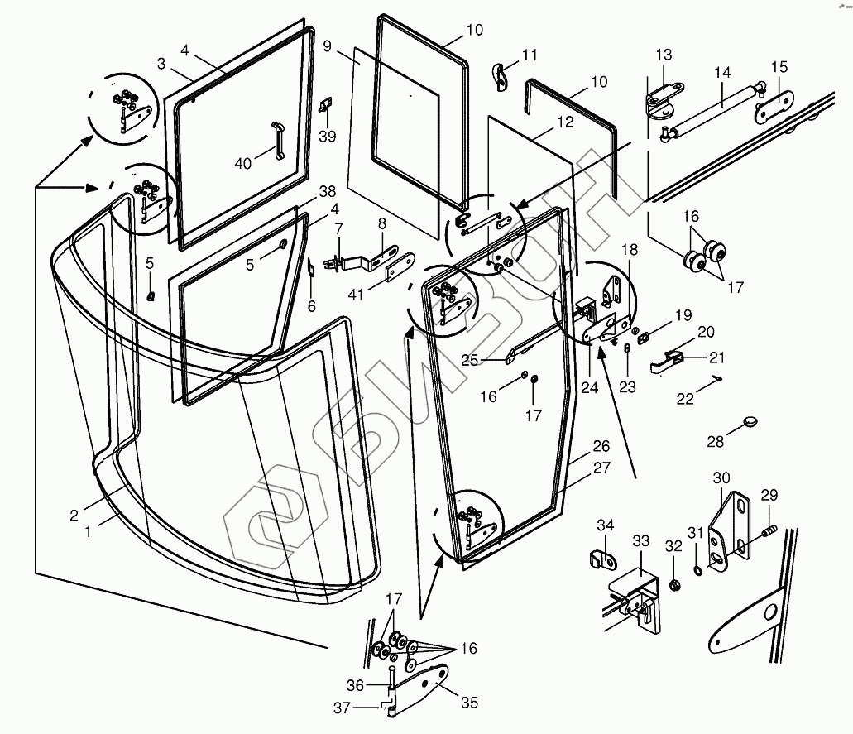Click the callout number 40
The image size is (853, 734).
[242, 164]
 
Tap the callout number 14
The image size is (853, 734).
[722, 73]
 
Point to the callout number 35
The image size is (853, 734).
[469, 703]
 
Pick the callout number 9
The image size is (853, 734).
[328, 46]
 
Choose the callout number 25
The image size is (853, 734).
[469, 359]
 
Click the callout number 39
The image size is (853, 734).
[328, 136]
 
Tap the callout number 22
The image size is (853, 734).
[686, 398]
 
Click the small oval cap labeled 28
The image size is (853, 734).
[750, 422]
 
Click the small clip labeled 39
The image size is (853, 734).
[325, 104]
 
